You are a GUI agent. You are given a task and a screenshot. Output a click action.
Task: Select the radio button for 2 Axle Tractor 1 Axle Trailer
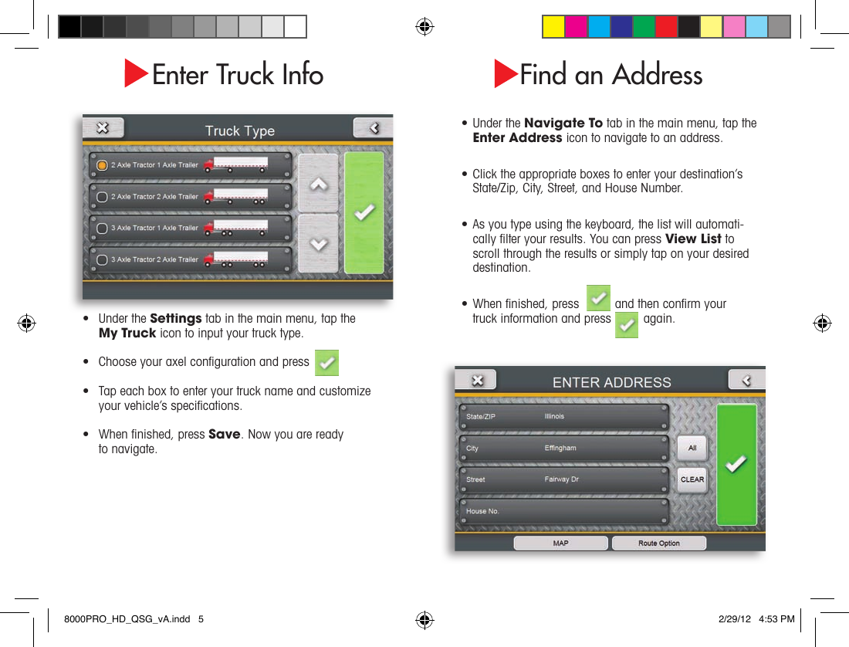102,165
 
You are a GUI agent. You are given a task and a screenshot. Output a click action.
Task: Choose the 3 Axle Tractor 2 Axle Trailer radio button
102,260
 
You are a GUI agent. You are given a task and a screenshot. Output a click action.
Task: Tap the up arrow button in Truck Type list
318,185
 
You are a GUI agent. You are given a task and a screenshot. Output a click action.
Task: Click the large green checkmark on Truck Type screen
364,212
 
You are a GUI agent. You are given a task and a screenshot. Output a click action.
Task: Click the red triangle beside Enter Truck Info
136,74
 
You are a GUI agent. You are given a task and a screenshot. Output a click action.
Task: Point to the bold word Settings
176,319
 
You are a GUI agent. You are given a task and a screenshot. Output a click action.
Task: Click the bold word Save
225,434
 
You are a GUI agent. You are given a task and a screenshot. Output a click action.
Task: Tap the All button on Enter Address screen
692,448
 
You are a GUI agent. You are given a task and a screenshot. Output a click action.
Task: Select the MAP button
560,544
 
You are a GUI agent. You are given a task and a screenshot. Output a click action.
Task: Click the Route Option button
658,544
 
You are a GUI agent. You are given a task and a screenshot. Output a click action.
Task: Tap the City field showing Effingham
563,449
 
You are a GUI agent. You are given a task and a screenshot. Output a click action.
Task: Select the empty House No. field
563,511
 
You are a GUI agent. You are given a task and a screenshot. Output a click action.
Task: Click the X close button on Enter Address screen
476,380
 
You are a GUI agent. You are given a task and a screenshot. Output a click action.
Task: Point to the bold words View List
693,239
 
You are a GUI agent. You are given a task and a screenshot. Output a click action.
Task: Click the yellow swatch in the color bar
553,27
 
